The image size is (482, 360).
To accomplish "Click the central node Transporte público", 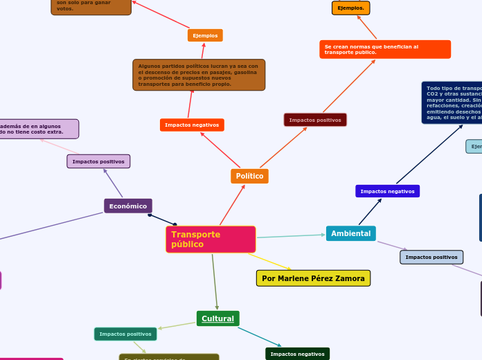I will [x=211, y=240].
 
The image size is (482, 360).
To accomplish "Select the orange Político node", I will [x=249, y=177].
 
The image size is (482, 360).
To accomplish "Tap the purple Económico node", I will [x=128, y=206].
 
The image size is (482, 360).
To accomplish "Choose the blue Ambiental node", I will [x=350, y=234].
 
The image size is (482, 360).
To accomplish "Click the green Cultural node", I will [x=217, y=318].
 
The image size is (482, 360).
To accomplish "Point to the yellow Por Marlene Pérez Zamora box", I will [x=313, y=278].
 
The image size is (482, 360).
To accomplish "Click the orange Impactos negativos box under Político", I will [x=192, y=125].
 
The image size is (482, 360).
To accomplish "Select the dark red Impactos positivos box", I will [x=315, y=120].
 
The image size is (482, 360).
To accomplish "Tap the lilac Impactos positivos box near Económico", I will [x=98, y=162].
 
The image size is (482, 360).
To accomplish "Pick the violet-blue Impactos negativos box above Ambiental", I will [x=387, y=192].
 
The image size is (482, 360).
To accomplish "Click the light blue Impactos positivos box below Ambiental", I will [x=431, y=258].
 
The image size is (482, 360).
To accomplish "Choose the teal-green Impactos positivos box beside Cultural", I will [x=125, y=334].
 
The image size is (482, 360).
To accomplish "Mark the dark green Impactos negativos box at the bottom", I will [x=297, y=354].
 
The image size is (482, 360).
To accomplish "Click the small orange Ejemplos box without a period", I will [x=205, y=35].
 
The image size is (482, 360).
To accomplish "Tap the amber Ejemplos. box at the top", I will [x=351, y=8].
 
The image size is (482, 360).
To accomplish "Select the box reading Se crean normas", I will [x=385, y=50].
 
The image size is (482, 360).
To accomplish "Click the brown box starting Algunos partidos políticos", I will [x=199, y=75].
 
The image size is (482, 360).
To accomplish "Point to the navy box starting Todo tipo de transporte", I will [x=452, y=102].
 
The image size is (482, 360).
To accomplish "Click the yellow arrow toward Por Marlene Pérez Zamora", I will [x=270, y=262].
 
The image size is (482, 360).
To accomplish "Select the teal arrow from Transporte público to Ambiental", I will [x=291, y=236].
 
